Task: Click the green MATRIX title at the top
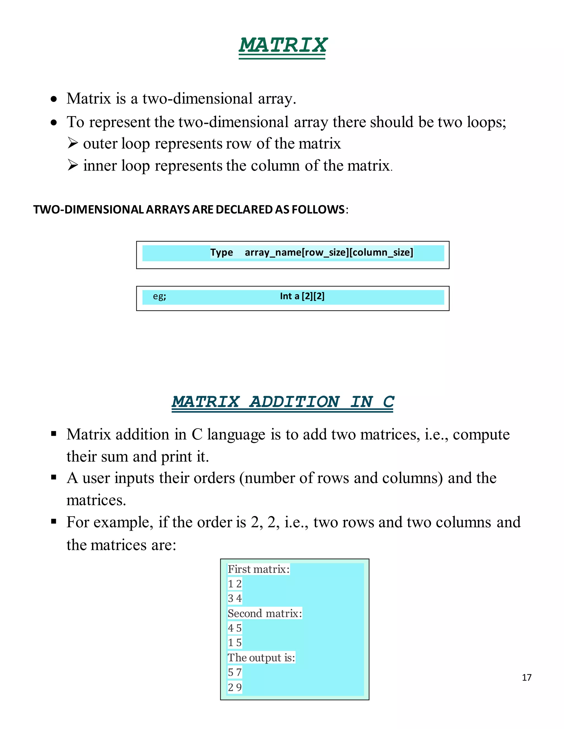[283, 45]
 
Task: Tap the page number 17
[527, 677]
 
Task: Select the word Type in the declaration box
[221, 252]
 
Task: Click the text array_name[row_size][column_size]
[329, 252]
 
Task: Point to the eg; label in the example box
[159, 296]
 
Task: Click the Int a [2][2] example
[302, 296]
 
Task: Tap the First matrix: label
[258, 569]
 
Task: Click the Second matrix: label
[265, 613]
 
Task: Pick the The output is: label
[261, 657]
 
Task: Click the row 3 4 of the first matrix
[235, 598]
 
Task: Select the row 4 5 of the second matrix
[235, 628]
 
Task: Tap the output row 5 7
[235, 672]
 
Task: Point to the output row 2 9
[235, 687]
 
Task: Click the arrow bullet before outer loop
[72, 143]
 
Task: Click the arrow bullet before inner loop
[72, 165]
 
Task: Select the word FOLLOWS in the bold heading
[318, 209]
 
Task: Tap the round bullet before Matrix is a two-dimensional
[54, 99]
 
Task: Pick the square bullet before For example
[54, 521]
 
